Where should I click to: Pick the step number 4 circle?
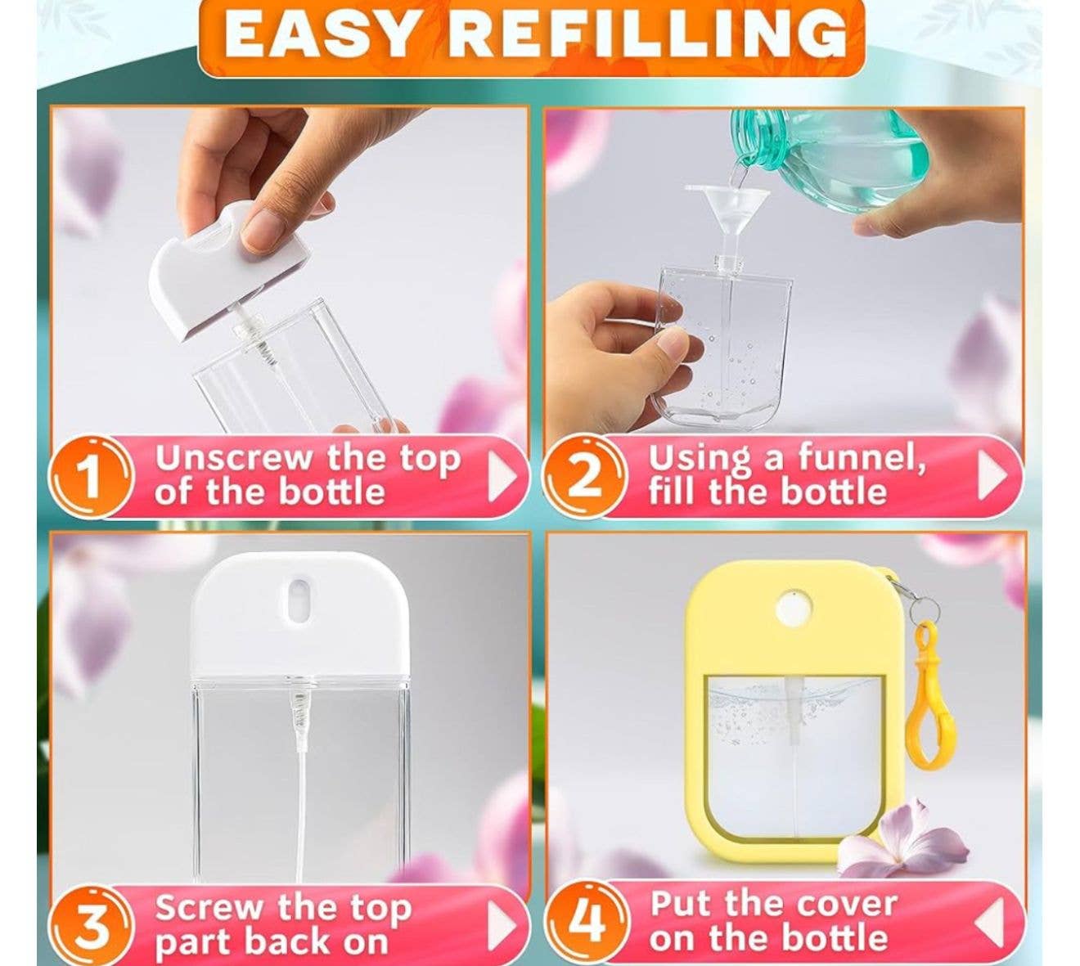586,922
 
